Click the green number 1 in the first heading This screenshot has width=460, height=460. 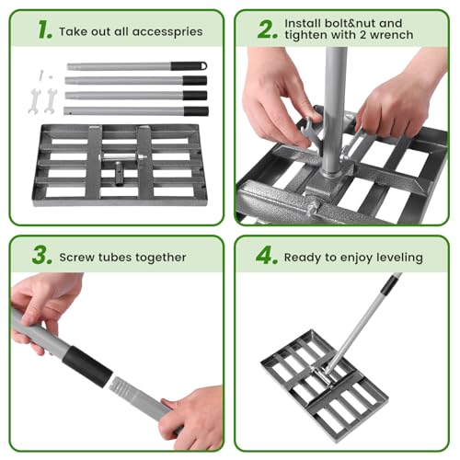tap(43, 29)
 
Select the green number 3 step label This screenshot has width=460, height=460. tap(41, 256)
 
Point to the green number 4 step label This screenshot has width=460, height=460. tap(266, 256)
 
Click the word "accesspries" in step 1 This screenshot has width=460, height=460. tap(167, 30)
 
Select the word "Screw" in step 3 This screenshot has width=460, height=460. tap(78, 258)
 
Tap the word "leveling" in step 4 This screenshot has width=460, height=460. tap(395, 258)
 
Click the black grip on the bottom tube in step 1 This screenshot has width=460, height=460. tap(194, 110)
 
